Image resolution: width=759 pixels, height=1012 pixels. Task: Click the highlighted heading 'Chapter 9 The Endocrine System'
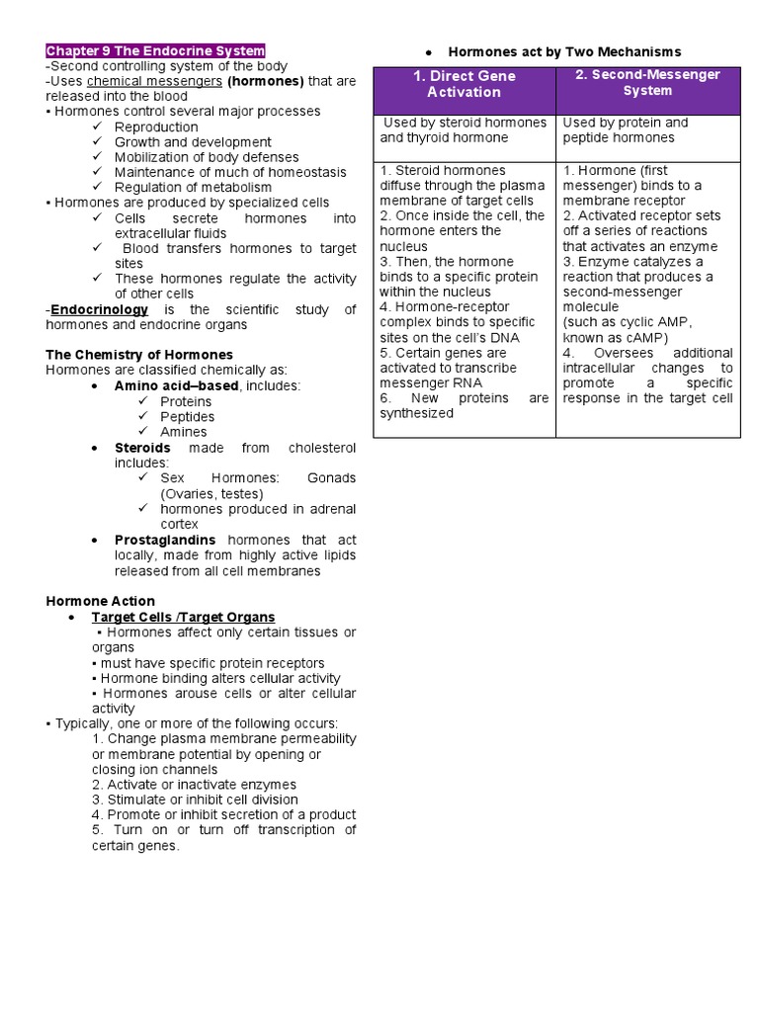pyautogui.click(x=155, y=51)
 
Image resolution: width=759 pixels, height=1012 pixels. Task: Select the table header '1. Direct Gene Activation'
pyautogui.click(x=464, y=84)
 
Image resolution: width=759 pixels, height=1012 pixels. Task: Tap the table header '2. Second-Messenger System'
pyautogui.click(x=647, y=82)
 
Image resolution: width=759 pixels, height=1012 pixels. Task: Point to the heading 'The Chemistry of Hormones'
pyautogui.click(x=139, y=355)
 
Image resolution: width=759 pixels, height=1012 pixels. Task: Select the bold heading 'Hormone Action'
pyautogui.click(x=101, y=601)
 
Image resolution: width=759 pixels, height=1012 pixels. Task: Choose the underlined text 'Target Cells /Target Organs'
pyautogui.click(x=183, y=617)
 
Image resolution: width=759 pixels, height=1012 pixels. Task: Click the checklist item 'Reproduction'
pyautogui.click(x=156, y=126)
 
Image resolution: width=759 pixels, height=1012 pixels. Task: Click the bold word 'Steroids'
pyautogui.click(x=142, y=448)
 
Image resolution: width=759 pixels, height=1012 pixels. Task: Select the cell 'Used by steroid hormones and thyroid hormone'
pyautogui.click(x=464, y=130)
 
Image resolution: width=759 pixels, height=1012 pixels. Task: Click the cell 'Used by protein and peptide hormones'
pyautogui.click(x=625, y=130)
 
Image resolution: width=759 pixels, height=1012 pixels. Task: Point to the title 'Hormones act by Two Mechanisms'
pyautogui.click(x=564, y=51)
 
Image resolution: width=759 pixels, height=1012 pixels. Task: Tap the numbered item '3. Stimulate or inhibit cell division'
pyautogui.click(x=195, y=800)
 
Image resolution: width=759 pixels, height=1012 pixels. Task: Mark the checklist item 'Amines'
pyautogui.click(x=184, y=432)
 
